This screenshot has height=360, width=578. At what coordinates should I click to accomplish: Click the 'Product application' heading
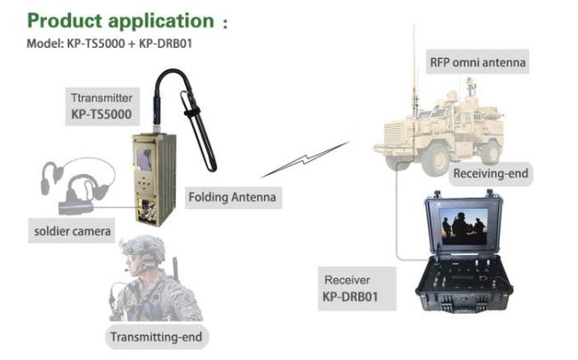tap(119, 20)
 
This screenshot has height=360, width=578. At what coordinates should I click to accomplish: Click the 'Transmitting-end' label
tap(156, 338)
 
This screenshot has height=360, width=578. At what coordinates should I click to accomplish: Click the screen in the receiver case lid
tap(465, 225)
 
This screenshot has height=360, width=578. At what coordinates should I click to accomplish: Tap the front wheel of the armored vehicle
tap(436, 160)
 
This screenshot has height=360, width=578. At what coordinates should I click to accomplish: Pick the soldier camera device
tap(76, 206)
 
